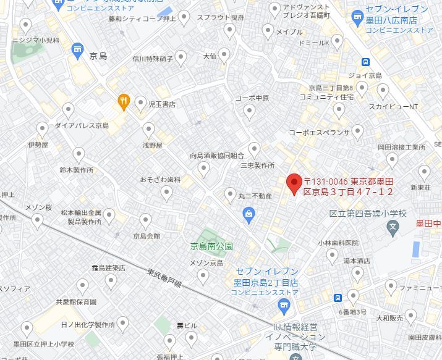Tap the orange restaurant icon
pyautogui.click(x=124, y=102)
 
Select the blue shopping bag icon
pyautogui.click(x=249, y=215)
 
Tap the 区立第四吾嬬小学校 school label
pyautogui.click(x=368, y=214)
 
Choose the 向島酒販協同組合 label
pyautogui.click(x=217, y=156)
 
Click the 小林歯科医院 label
pyautogui.click(x=338, y=243)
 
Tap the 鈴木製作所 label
pyautogui.click(x=77, y=169)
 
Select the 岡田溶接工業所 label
pyautogui.click(x=402, y=148)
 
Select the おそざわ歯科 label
pyautogui.click(x=160, y=180)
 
